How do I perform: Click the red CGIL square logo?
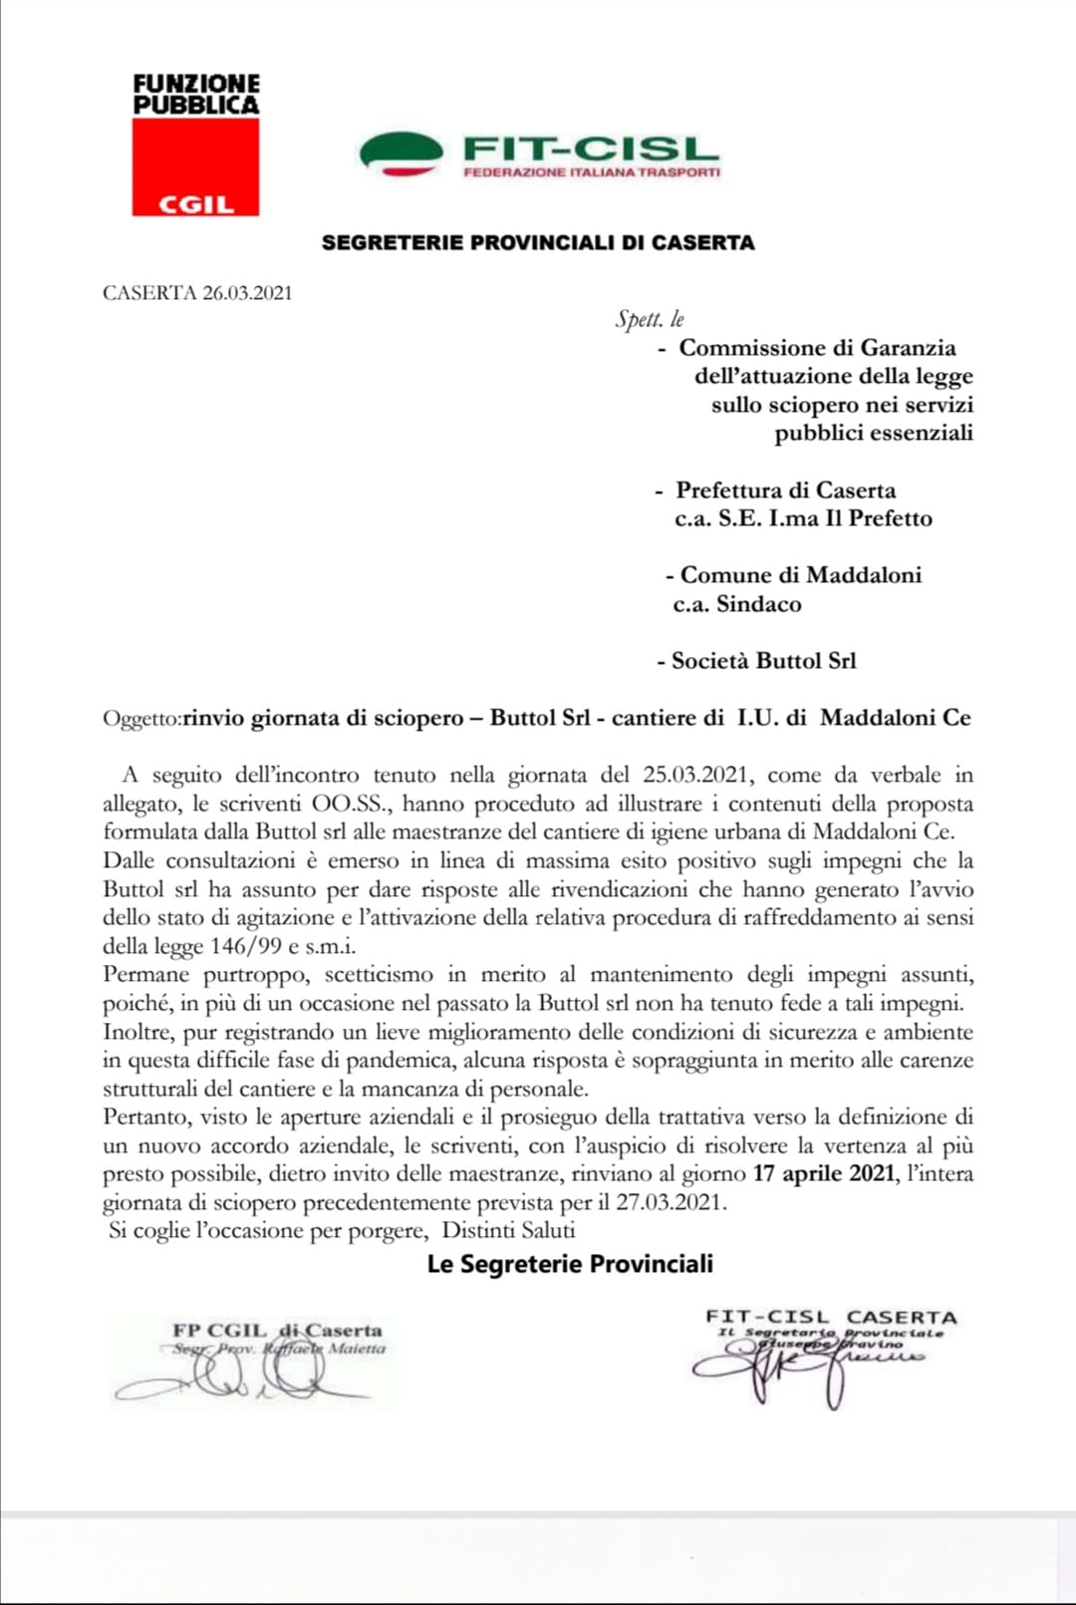click(195, 166)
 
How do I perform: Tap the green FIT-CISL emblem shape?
click(401, 153)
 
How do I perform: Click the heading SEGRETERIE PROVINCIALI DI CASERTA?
click(538, 242)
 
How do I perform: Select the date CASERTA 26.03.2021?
click(197, 293)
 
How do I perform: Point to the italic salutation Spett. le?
click(650, 319)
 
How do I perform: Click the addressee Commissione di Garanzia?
click(817, 348)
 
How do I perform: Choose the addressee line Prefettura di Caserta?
click(785, 490)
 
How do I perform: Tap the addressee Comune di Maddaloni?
click(800, 575)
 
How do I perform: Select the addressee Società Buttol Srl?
click(763, 661)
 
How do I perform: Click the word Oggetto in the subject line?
click(140, 719)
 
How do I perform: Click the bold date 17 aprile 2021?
click(824, 1173)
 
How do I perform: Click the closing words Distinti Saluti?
click(508, 1231)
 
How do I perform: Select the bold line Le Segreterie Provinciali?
click(570, 1264)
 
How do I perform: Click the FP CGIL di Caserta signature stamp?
click(277, 1331)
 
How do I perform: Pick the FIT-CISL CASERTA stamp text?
click(831, 1318)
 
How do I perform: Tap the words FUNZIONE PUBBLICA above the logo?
click(196, 95)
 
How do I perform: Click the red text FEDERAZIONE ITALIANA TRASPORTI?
click(592, 172)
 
